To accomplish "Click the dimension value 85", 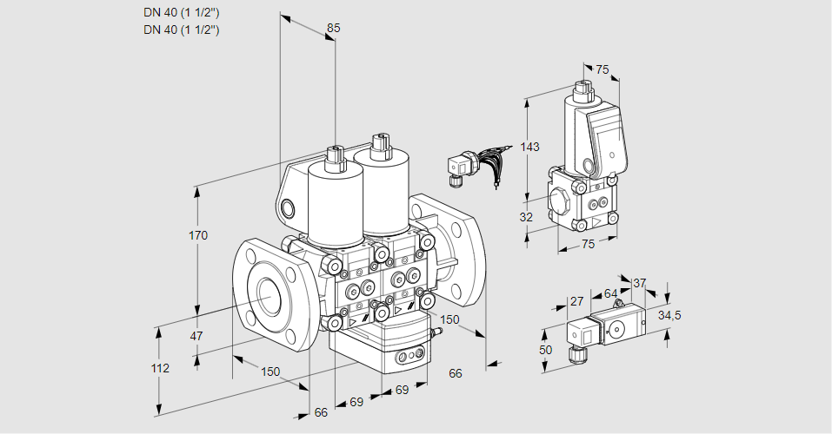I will (x=333, y=29).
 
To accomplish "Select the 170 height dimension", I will (x=199, y=235).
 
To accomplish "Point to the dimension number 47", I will (x=197, y=336).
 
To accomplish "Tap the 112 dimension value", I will (x=160, y=368).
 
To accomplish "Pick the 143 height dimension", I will (x=530, y=147).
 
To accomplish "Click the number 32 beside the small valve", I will (x=525, y=217).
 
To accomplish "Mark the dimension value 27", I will (x=576, y=301).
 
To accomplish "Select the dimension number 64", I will (x=610, y=294).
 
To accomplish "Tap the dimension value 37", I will (x=640, y=283).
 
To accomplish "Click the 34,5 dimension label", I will (x=669, y=314).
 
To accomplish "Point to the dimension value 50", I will (x=546, y=349).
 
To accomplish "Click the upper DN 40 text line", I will (x=181, y=13).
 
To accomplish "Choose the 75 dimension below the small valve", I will (x=588, y=245).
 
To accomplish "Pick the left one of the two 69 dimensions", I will (x=356, y=401).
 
